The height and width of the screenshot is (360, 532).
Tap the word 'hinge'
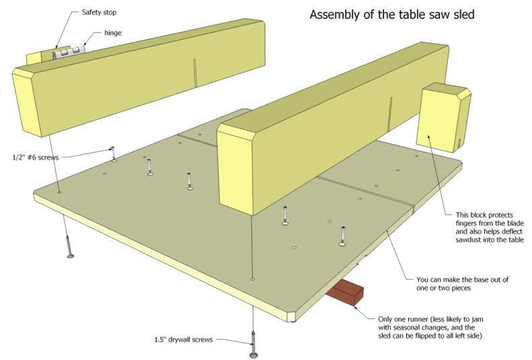pyautogui.click(x=113, y=32)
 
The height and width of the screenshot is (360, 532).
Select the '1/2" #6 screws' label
pyautogui.click(x=36, y=157)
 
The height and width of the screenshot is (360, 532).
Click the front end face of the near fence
pyautogui.click(x=235, y=172)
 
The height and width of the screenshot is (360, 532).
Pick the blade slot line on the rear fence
pyautogui.click(x=194, y=72)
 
